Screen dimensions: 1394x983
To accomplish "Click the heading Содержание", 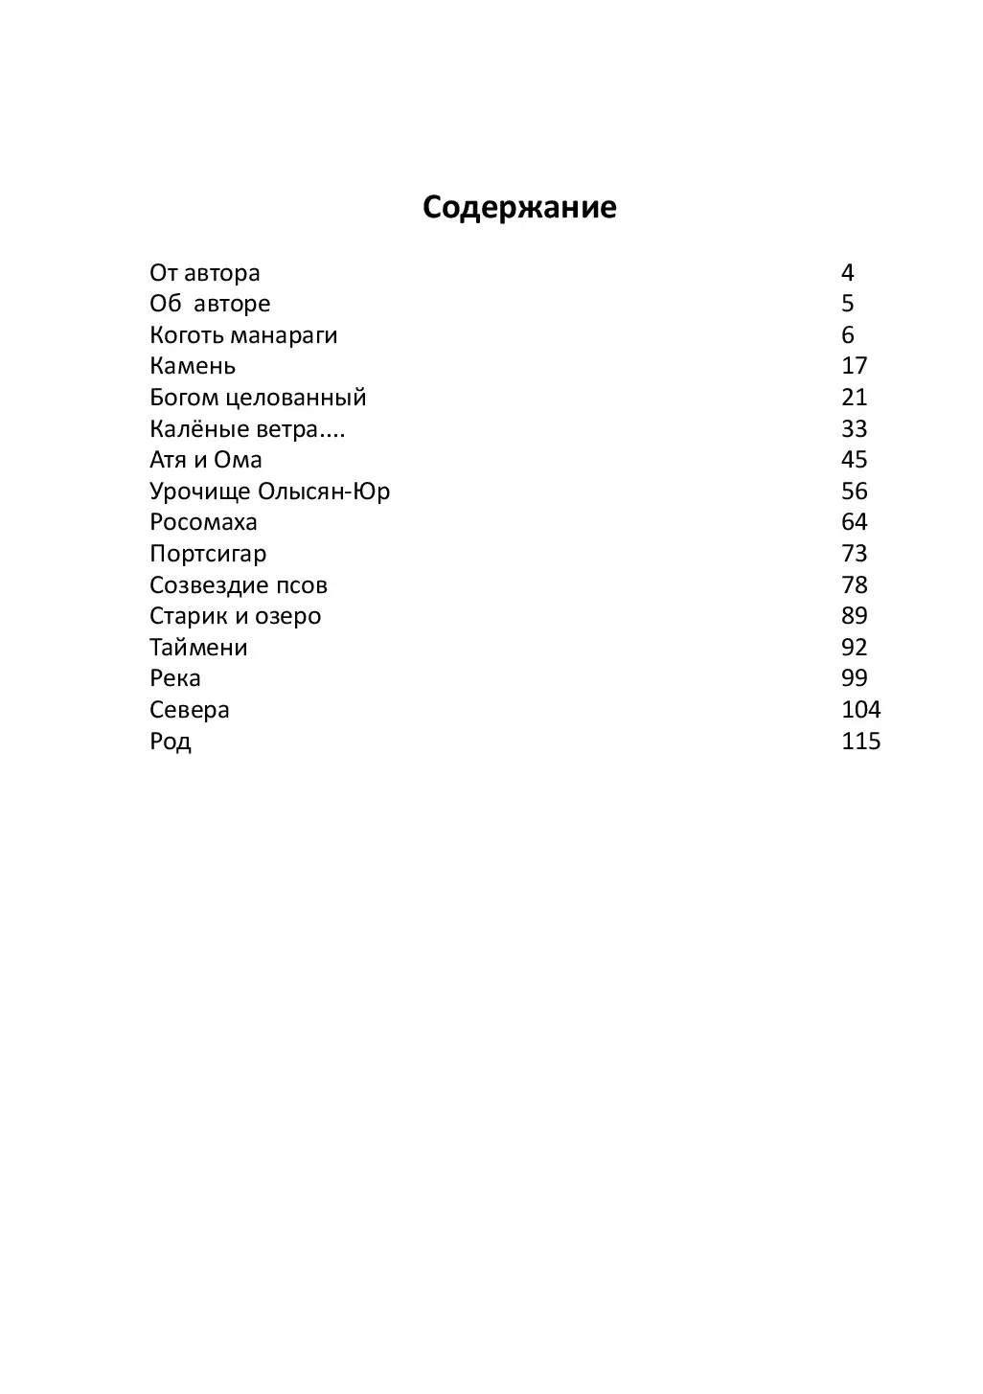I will pyautogui.click(x=519, y=208).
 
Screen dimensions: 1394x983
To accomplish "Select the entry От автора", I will pyautogui.click(x=205, y=273).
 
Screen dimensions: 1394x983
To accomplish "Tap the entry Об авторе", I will pyautogui.click(x=210, y=304).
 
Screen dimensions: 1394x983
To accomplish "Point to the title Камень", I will pyautogui.click(x=193, y=366).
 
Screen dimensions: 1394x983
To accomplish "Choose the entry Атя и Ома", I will pyautogui.click(x=206, y=460).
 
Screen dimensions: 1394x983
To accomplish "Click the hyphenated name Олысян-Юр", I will pyautogui.click(x=324, y=491).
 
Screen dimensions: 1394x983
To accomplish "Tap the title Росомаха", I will pyautogui.click(x=203, y=522).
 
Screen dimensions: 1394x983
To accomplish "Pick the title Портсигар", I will pyautogui.click(x=208, y=554).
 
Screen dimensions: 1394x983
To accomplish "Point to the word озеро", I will pyautogui.click(x=287, y=616).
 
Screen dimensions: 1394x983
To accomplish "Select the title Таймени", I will pyautogui.click(x=198, y=648).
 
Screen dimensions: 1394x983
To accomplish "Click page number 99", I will pyautogui.click(x=854, y=678).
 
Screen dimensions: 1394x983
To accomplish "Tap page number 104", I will pyautogui.click(x=860, y=710).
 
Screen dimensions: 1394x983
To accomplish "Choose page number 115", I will pyautogui.click(x=860, y=742).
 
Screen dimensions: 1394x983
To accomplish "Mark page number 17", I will pyautogui.click(x=854, y=366).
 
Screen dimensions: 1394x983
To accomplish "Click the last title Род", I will pyautogui.click(x=171, y=742).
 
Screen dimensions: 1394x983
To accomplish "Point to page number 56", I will pyautogui.click(x=854, y=491).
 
